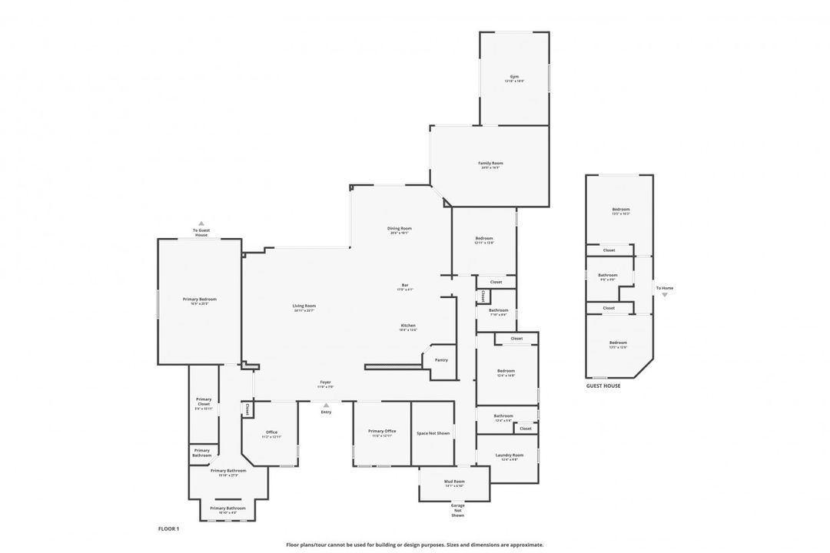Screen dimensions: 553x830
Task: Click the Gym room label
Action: click(x=514, y=77)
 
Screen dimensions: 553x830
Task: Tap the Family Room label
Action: click(x=490, y=164)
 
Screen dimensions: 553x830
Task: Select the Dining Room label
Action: click(x=399, y=228)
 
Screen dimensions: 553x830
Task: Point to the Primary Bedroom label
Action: click(x=199, y=299)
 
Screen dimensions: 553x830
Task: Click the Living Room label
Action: click(x=304, y=306)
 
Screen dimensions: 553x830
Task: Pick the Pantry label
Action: click(x=440, y=359)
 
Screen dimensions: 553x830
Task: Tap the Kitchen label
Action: click(x=407, y=326)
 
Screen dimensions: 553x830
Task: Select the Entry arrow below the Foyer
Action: click(x=326, y=405)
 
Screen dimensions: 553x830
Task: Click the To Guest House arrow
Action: click(x=201, y=224)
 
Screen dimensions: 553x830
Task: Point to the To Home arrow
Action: click(x=665, y=294)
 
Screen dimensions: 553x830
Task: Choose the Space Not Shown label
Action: click(x=433, y=433)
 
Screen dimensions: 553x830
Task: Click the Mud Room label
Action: click(x=453, y=482)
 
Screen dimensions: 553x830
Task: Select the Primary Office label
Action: click(x=381, y=432)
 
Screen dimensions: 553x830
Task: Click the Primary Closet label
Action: click(x=204, y=402)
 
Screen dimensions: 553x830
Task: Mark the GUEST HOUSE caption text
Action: click(x=603, y=386)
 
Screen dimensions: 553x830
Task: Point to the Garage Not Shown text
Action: click(x=457, y=510)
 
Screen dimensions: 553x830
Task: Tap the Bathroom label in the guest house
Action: click(x=608, y=275)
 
